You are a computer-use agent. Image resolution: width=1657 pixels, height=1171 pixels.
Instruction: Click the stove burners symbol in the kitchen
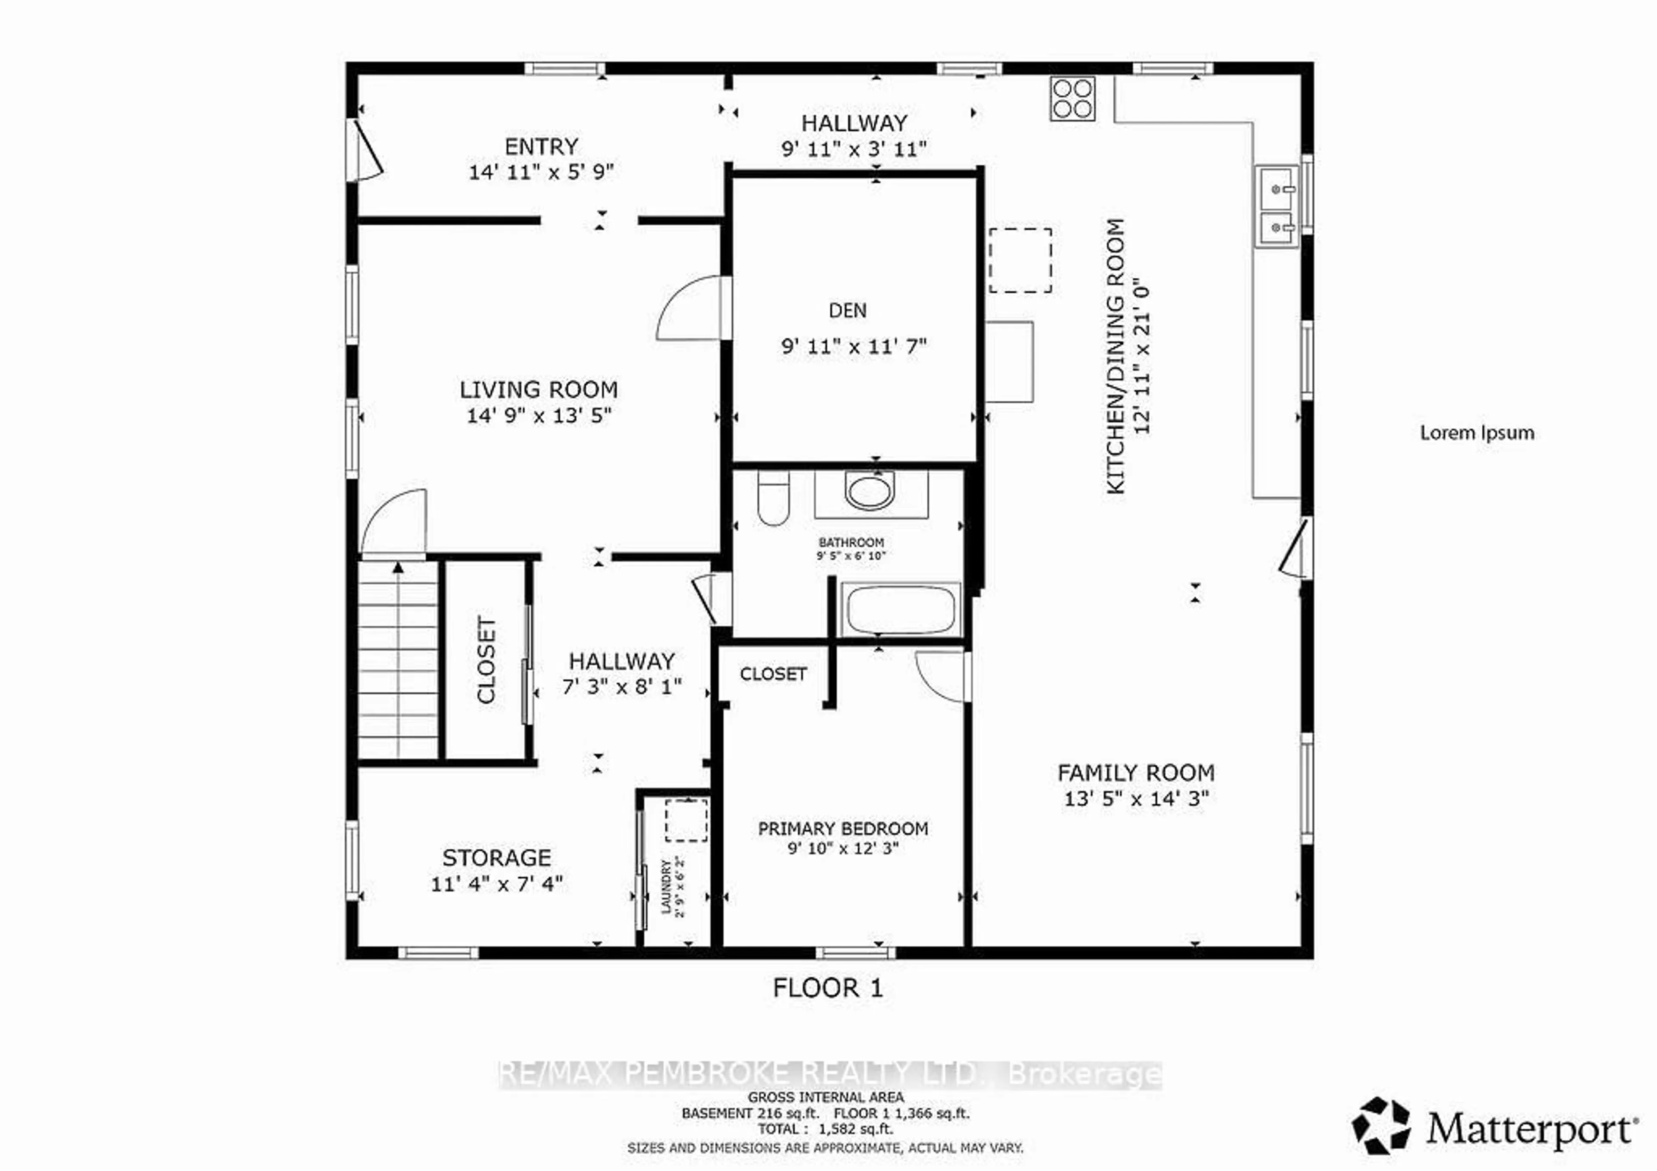coord(1072,98)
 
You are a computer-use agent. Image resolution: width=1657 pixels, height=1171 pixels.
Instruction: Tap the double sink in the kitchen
coord(1277,207)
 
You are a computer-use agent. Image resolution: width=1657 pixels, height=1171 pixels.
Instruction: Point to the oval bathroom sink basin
coord(869,491)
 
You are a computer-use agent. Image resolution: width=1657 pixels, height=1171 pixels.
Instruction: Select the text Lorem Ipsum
coord(1477,433)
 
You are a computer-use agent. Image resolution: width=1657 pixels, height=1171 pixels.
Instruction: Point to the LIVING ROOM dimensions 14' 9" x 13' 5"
coord(539,416)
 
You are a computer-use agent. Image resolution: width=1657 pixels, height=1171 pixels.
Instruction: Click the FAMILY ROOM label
coord(1136,773)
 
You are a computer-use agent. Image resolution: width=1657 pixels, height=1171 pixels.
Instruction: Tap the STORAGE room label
coord(497,858)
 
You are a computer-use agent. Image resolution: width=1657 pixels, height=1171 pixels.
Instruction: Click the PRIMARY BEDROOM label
coord(843,828)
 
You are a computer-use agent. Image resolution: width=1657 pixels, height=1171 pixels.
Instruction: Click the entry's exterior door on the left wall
coord(365,151)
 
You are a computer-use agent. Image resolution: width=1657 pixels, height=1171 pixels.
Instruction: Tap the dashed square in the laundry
coord(686,820)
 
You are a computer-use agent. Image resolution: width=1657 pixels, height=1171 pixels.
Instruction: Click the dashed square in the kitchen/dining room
coord(1020,261)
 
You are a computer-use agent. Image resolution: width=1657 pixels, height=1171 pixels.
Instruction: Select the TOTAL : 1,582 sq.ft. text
coord(825,1129)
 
